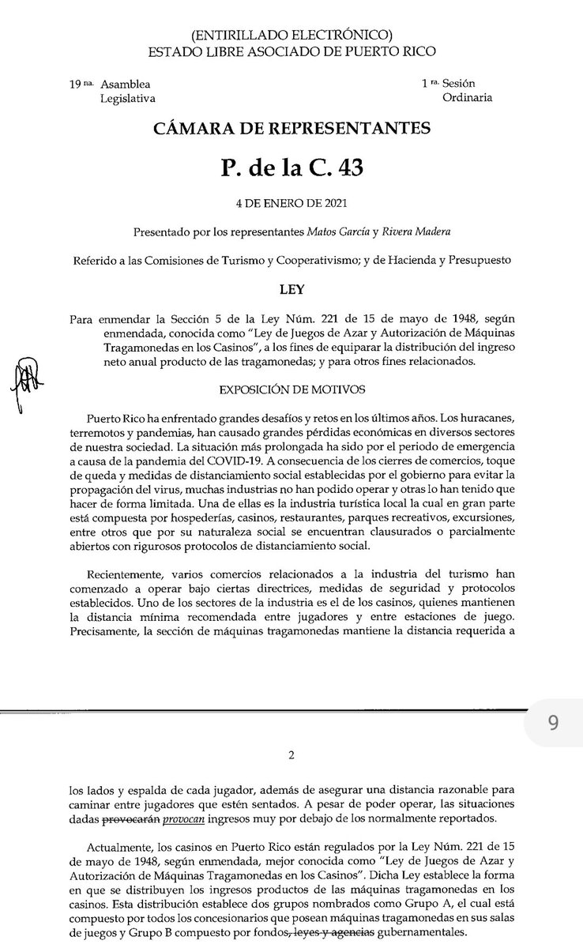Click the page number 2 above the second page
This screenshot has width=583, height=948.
click(291, 756)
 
